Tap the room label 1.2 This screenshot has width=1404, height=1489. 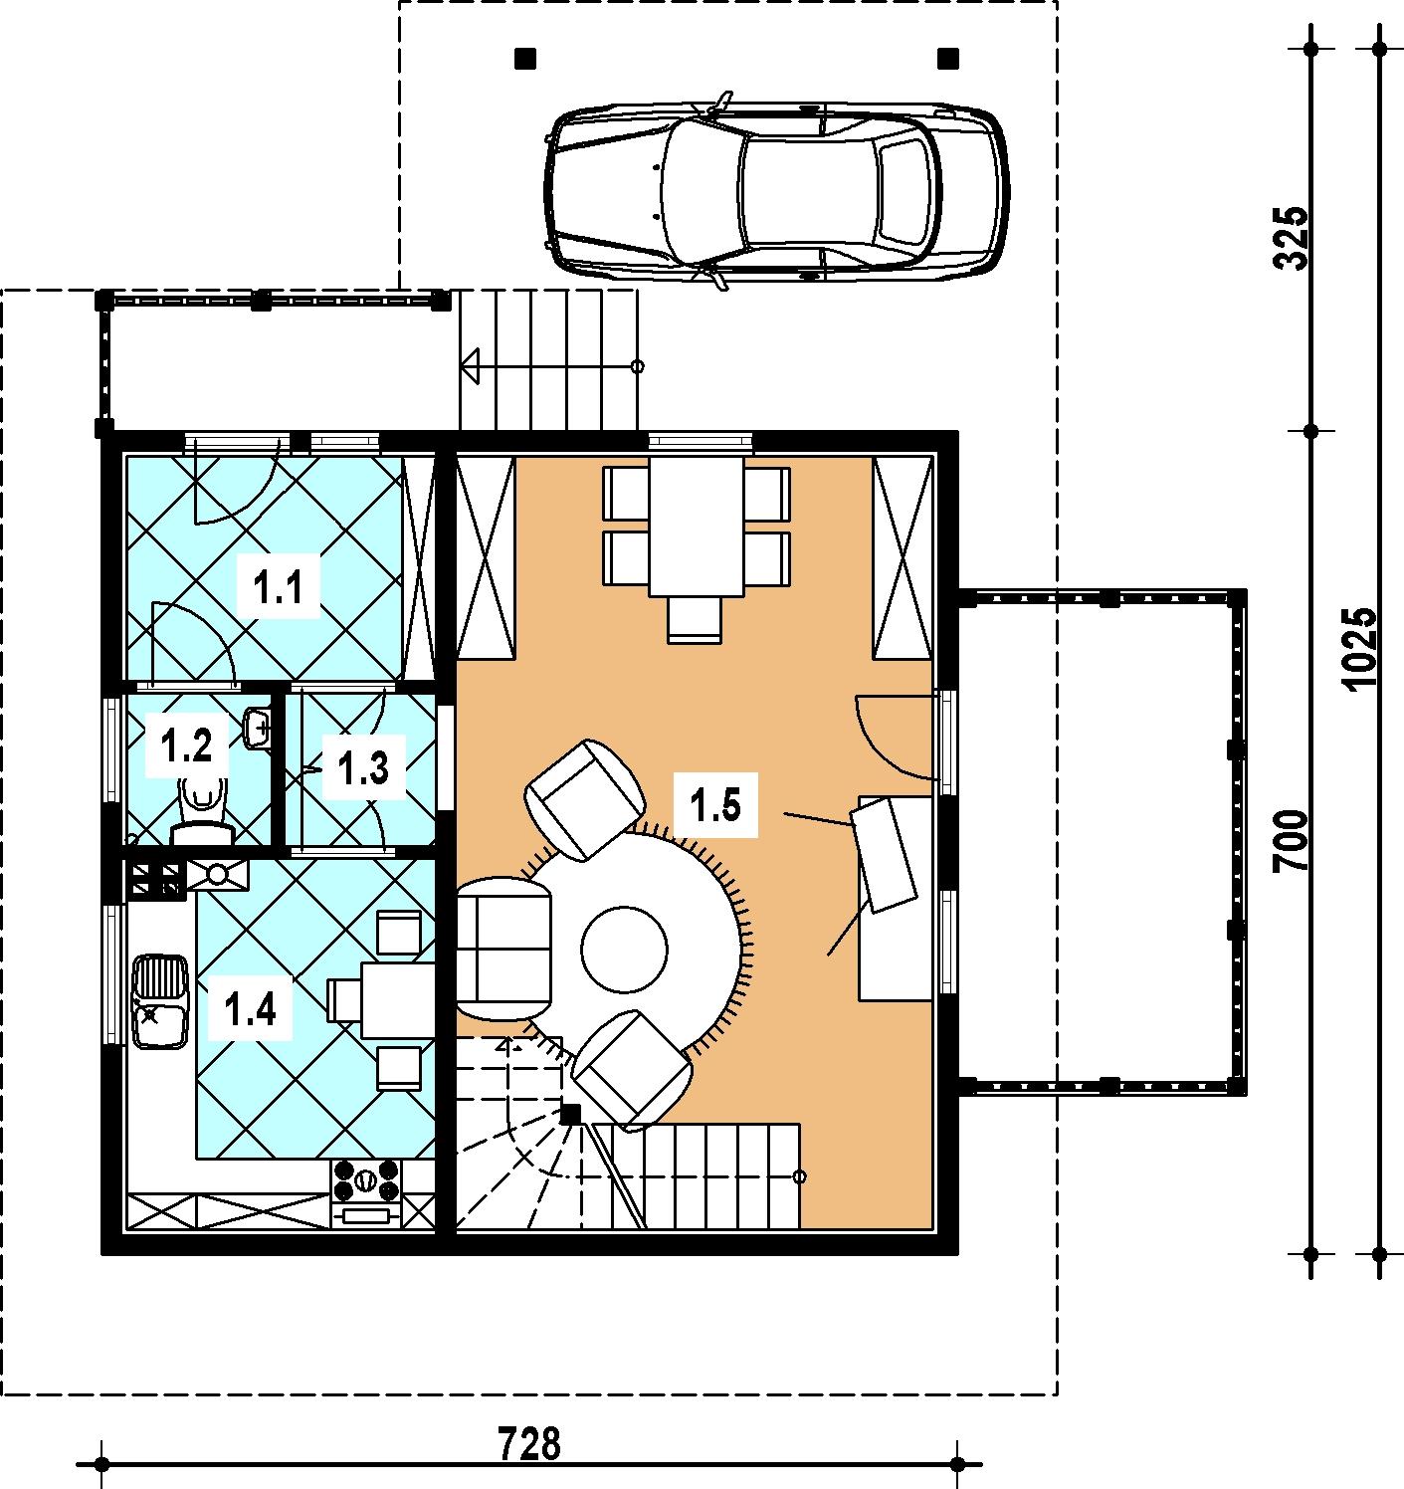(187, 745)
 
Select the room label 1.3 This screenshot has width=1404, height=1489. (363, 767)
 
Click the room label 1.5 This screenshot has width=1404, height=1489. (715, 804)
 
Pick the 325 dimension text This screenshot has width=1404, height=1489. (1291, 237)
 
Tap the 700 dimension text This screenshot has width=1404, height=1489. (1291, 840)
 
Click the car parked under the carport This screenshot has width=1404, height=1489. (776, 192)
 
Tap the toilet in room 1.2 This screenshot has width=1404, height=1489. (202, 812)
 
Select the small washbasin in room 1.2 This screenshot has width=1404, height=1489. (258, 727)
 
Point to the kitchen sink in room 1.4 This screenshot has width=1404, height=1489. (159, 1000)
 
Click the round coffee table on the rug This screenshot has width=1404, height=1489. (624, 950)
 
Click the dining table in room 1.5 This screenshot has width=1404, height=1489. (698, 528)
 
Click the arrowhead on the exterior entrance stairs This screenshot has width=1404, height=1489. (472, 366)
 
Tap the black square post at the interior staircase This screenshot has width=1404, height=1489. (570, 1114)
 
